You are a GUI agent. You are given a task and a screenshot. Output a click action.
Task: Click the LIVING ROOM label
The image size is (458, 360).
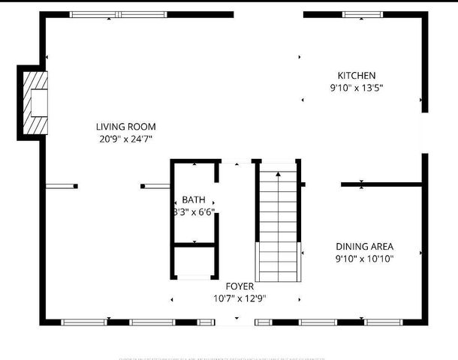(x=125, y=127)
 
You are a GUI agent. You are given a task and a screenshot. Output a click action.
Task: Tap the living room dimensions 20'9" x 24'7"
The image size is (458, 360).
(x=125, y=139)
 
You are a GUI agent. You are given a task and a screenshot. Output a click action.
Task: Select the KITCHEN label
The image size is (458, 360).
(x=356, y=76)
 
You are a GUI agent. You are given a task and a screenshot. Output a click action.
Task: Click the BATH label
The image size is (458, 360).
(x=193, y=199)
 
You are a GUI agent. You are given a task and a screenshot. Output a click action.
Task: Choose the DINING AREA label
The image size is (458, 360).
(x=364, y=246)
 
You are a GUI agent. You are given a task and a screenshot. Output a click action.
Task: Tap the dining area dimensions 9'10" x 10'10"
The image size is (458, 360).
(x=364, y=259)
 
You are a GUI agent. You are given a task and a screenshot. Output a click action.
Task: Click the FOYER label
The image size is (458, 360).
(x=240, y=286)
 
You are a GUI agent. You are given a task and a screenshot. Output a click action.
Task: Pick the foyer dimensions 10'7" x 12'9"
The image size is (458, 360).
(x=240, y=298)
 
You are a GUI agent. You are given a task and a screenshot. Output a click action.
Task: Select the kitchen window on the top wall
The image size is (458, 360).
(x=363, y=14)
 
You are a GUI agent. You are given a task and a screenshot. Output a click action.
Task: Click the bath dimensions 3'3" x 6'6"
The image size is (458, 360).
(x=194, y=211)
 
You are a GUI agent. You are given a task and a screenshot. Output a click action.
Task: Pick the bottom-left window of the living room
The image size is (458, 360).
(x=84, y=322)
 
